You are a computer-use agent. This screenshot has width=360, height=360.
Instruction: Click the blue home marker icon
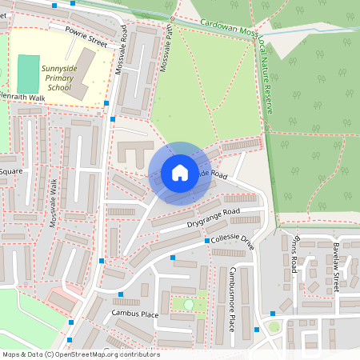click(180, 173)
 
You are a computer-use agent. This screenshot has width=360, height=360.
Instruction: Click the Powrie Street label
click(86, 36)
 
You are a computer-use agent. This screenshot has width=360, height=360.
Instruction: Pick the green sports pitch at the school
click(27, 74)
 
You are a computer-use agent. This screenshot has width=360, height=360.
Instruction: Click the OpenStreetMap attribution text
click(80, 354)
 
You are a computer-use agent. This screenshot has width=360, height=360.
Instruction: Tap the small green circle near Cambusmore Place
click(189, 304)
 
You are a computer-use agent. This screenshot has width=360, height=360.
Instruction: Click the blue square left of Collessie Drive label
click(207, 240)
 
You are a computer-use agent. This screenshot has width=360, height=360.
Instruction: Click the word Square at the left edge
click(10, 171)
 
